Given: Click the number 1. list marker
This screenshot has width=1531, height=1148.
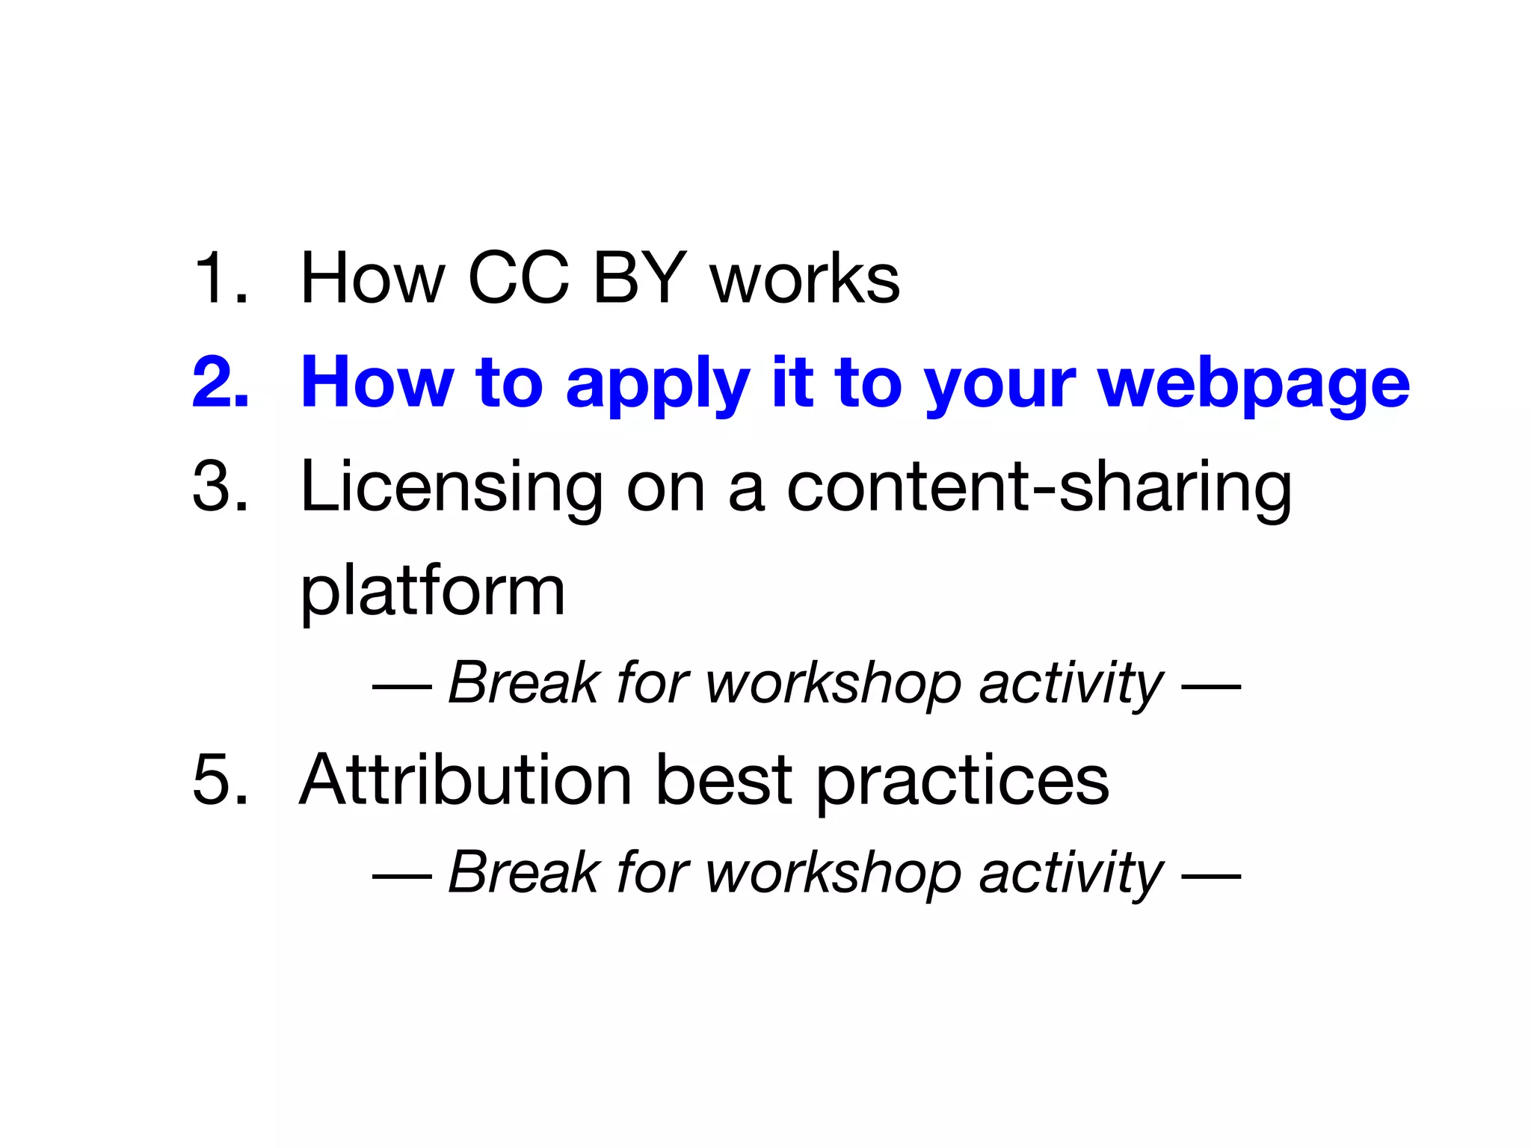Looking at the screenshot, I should [x=220, y=278].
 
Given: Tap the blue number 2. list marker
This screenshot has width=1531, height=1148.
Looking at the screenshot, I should [x=220, y=383].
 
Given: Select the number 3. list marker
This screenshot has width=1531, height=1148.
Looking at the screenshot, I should [x=220, y=486].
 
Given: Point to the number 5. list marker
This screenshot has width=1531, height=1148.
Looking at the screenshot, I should [x=220, y=780].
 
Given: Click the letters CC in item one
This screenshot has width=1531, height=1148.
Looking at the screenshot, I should [x=518, y=278].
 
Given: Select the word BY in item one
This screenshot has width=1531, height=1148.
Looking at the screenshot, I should [x=640, y=278].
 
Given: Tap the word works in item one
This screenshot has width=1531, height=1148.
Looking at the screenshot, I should [x=805, y=280].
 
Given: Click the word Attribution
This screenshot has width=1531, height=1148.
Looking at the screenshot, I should [x=466, y=780].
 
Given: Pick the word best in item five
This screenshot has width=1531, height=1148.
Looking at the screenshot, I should [x=723, y=780].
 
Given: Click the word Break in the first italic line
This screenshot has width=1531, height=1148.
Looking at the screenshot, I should [x=523, y=682].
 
